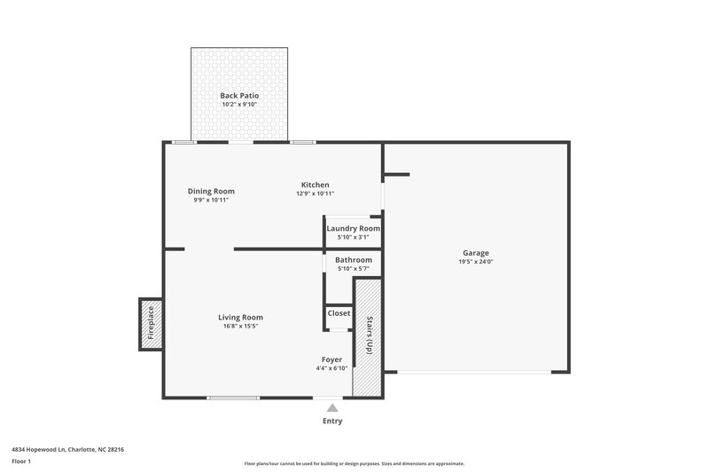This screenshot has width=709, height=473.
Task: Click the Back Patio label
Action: pyautogui.click(x=239, y=95)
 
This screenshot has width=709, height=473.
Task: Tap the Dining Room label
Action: pyautogui.click(x=211, y=191)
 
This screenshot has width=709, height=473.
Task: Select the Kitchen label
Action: pyautogui.click(x=315, y=185)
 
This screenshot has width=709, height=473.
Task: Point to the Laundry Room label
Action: pyautogui.click(x=353, y=229)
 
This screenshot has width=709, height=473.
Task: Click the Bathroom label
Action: pyautogui.click(x=353, y=260)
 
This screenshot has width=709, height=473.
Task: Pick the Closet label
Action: pyautogui.click(x=339, y=313)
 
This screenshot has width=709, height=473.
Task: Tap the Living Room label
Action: pyautogui.click(x=240, y=317)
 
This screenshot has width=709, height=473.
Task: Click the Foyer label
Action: pyautogui.click(x=331, y=359)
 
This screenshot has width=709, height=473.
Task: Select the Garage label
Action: pyautogui.click(x=475, y=253)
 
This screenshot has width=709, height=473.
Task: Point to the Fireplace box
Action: pyautogui.click(x=149, y=323)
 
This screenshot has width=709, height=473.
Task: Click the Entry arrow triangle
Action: pyautogui.click(x=331, y=407)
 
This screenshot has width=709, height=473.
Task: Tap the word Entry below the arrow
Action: pyautogui.click(x=331, y=422)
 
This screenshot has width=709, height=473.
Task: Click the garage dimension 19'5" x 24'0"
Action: pyautogui.click(x=475, y=262)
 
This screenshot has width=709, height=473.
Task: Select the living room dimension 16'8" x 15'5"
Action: pyautogui.click(x=240, y=326)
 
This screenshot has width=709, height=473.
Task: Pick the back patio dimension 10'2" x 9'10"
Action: pyautogui.click(x=239, y=105)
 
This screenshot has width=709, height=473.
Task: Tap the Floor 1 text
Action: pyautogui.click(x=21, y=462)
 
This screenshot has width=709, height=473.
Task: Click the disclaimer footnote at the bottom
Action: pyautogui.click(x=354, y=463)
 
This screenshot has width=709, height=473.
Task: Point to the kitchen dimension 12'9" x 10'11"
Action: pyautogui.click(x=315, y=193)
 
